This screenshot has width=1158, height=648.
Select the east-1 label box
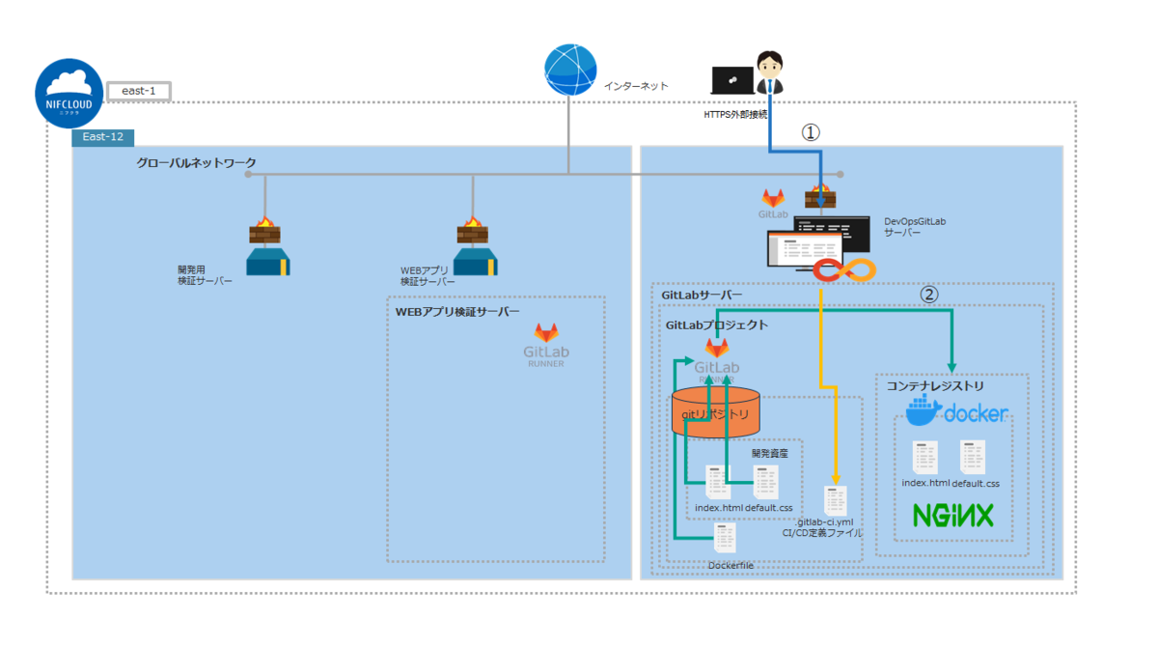(139, 92)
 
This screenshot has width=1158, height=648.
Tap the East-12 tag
(103, 138)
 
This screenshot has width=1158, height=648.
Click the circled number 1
(811, 132)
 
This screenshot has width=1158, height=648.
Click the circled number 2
(928, 295)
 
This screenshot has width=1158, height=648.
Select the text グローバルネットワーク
(196, 162)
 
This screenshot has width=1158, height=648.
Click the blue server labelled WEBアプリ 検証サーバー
(473, 263)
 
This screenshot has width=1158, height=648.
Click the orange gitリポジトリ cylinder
(716, 411)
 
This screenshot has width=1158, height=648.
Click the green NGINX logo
(953, 516)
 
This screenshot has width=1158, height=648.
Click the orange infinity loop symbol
(842, 270)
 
